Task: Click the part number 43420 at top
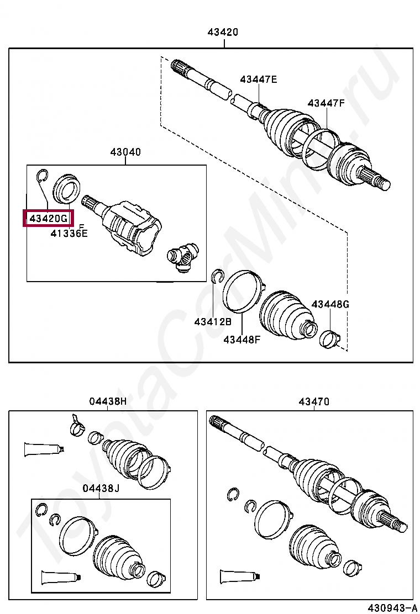[x=223, y=32]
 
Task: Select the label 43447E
[x=258, y=80]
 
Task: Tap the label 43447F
[x=326, y=103]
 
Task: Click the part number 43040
[x=125, y=152]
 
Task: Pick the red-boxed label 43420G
[x=49, y=219]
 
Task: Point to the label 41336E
[x=69, y=234]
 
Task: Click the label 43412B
[x=213, y=321]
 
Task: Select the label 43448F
[x=242, y=340]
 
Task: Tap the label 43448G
[x=330, y=304]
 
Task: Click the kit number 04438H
[x=108, y=401]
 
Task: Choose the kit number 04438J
[x=101, y=488]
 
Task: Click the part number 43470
[x=314, y=401]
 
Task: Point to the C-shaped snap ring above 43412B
[x=217, y=277]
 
